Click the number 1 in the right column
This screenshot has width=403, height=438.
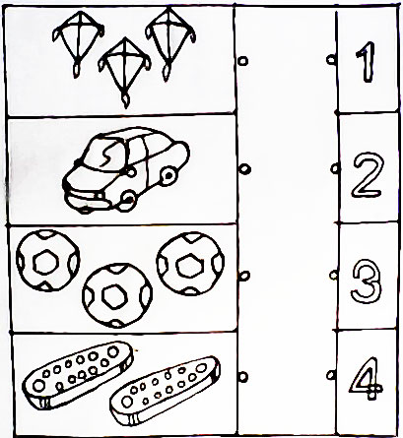367,62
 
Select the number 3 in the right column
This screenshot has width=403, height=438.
367,282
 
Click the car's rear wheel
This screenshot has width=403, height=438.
168,176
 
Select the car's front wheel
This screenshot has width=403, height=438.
128,200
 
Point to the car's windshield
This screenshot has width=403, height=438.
104,155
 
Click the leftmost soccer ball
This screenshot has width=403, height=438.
47,261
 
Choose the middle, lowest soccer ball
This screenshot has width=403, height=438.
117,295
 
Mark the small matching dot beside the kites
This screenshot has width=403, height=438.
243,61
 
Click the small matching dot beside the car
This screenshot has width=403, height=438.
244,169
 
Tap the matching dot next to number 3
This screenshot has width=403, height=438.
334,276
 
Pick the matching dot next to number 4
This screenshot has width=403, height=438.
331,375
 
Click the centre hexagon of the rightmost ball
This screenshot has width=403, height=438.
188,266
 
